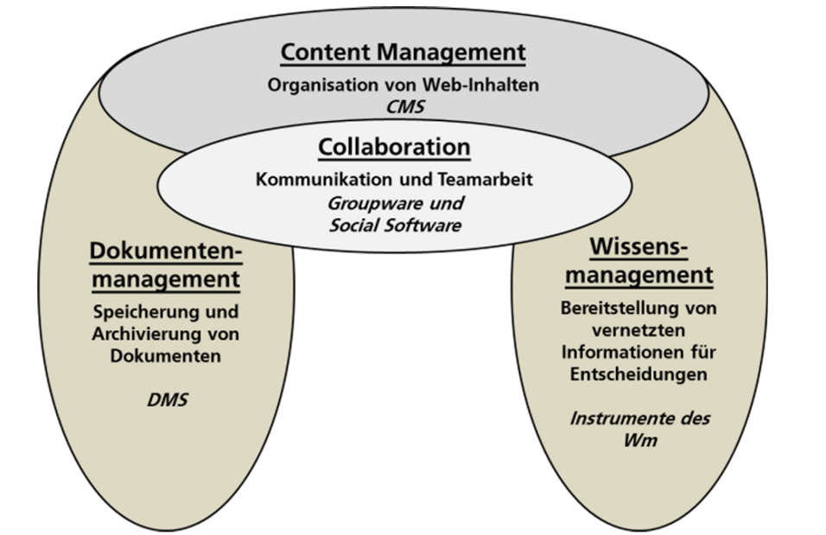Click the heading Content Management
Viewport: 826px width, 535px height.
click(403, 52)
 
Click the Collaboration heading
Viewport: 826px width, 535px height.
click(394, 147)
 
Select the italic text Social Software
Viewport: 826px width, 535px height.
click(396, 226)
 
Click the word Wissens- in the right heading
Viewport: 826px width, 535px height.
click(639, 246)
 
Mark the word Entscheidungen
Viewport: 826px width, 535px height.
click(639, 375)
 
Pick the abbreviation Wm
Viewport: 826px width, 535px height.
click(639, 441)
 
